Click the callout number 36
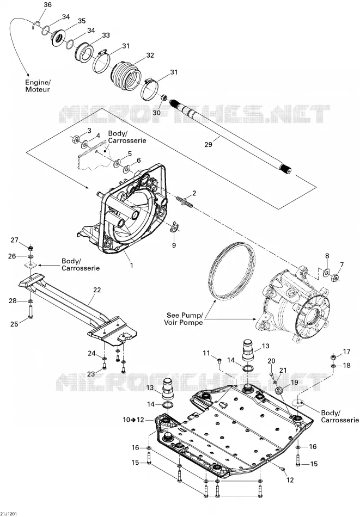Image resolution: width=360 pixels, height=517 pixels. [x=47, y=4]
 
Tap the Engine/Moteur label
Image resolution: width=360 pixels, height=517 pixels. [x=38, y=86]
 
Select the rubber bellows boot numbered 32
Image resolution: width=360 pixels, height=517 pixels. [x=126, y=75]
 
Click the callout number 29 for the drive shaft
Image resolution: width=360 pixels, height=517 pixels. [x=208, y=144]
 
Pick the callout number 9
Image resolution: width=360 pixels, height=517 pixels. [x=174, y=245]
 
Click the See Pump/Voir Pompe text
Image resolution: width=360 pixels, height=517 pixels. [x=184, y=318]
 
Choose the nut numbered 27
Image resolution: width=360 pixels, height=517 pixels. [x=30, y=248]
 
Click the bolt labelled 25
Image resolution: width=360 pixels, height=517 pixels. [x=30, y=312]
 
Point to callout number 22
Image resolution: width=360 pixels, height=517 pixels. [x=97, y=290]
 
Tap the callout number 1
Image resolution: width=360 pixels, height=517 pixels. [x=131, y=265]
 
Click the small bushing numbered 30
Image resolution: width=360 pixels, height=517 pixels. [x=163, y=97]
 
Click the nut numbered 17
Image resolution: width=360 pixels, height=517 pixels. [x=333, y=357]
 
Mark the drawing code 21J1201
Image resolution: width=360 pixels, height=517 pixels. [x=9, y=514]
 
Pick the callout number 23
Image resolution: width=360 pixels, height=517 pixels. [x=91, y=374]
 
